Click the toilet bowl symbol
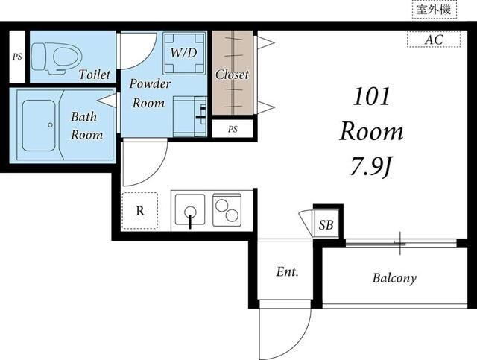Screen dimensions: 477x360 57,58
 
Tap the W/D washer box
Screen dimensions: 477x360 184,53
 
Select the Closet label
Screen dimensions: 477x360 232,75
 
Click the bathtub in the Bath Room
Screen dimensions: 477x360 39,125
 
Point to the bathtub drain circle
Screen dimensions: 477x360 50,124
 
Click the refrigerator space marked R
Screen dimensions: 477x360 139,211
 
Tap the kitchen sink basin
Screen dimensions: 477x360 190,210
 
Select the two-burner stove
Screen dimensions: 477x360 227,210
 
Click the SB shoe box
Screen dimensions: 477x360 326,224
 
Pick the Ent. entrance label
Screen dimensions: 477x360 288,271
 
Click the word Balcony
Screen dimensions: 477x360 394,278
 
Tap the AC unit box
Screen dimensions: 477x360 434,40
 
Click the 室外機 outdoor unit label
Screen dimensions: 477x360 434,10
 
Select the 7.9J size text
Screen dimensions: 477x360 371,167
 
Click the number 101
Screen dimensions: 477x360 371,97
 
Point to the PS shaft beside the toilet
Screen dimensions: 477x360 17,57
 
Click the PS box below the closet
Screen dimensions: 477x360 233,129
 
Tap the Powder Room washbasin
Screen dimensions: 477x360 190,116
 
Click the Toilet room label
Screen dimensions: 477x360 95,75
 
